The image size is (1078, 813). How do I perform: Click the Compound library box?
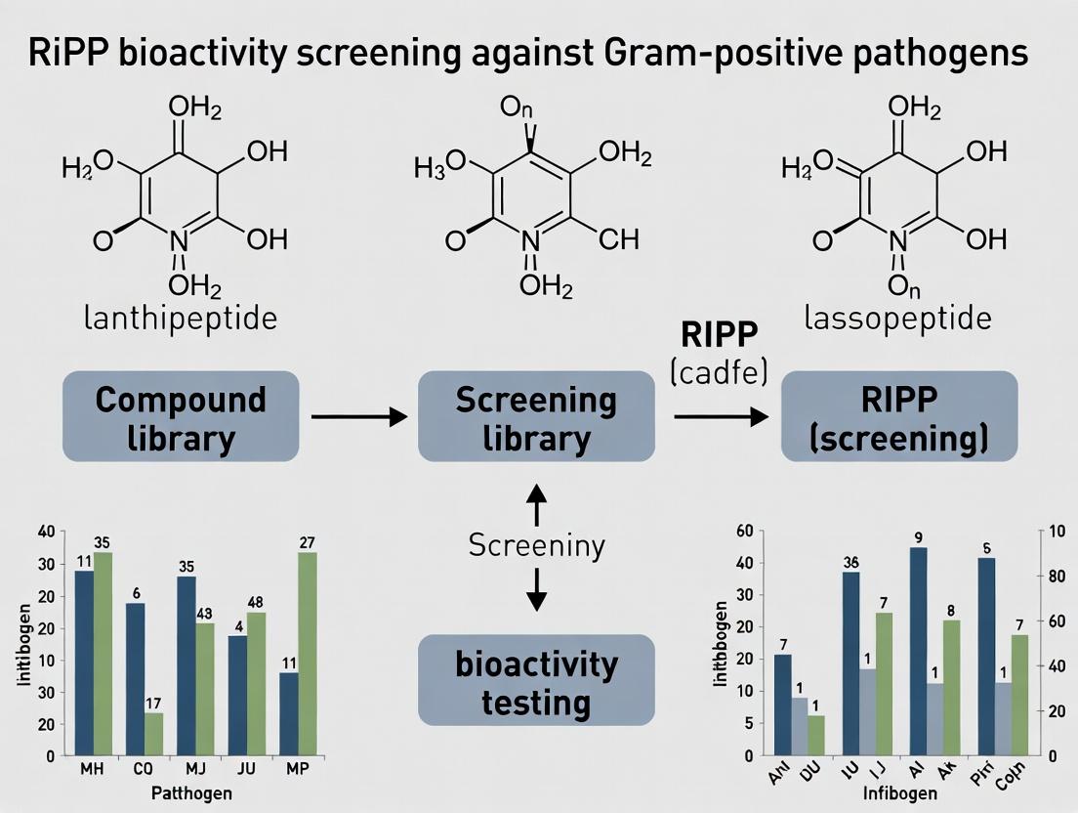coord(181,416)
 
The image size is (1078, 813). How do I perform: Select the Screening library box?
coord(536,416)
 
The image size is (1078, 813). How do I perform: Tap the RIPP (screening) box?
coord(899,416)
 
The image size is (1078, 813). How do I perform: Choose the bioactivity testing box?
coord(536,680)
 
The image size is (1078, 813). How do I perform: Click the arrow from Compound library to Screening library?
coord(358,417)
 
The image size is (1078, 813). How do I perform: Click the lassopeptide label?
coord(898,319)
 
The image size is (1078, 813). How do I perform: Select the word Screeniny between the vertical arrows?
coord(536,545)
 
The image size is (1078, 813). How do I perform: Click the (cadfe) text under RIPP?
coord(719,372)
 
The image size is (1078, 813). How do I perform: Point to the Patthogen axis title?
coord(192,792)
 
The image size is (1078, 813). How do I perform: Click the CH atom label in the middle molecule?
coord(619,238)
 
